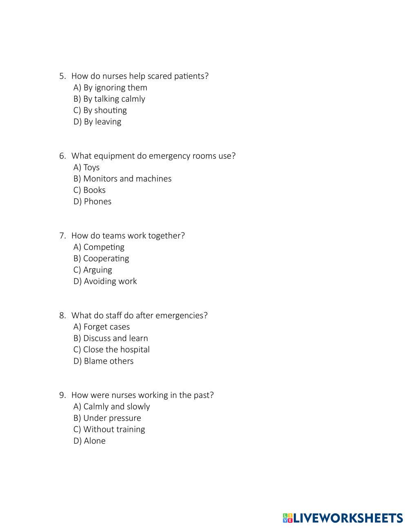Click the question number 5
(x=62, y=76)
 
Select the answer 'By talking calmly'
(x=109, y=99)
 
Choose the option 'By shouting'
(x=100, y=111)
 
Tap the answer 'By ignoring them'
(x=111, y=88)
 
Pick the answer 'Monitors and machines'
(x=122, y=179)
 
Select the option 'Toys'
(x=86, y=168)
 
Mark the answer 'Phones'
(x=93, y=202)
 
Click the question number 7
(x=62, y=236)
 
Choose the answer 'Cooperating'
(x=101, y=259)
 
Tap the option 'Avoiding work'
(x=105, y=282)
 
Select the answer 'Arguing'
(x=93, y=270)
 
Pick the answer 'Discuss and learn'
(x=111, y=339)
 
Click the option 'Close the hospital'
(x=112, y=350)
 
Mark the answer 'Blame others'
(x=104, y=361)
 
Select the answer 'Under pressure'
(x=107, y=418)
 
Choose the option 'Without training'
(x=109, y=430)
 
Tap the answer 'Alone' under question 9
(x=90, y=441)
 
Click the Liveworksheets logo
(x=343, y=518)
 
